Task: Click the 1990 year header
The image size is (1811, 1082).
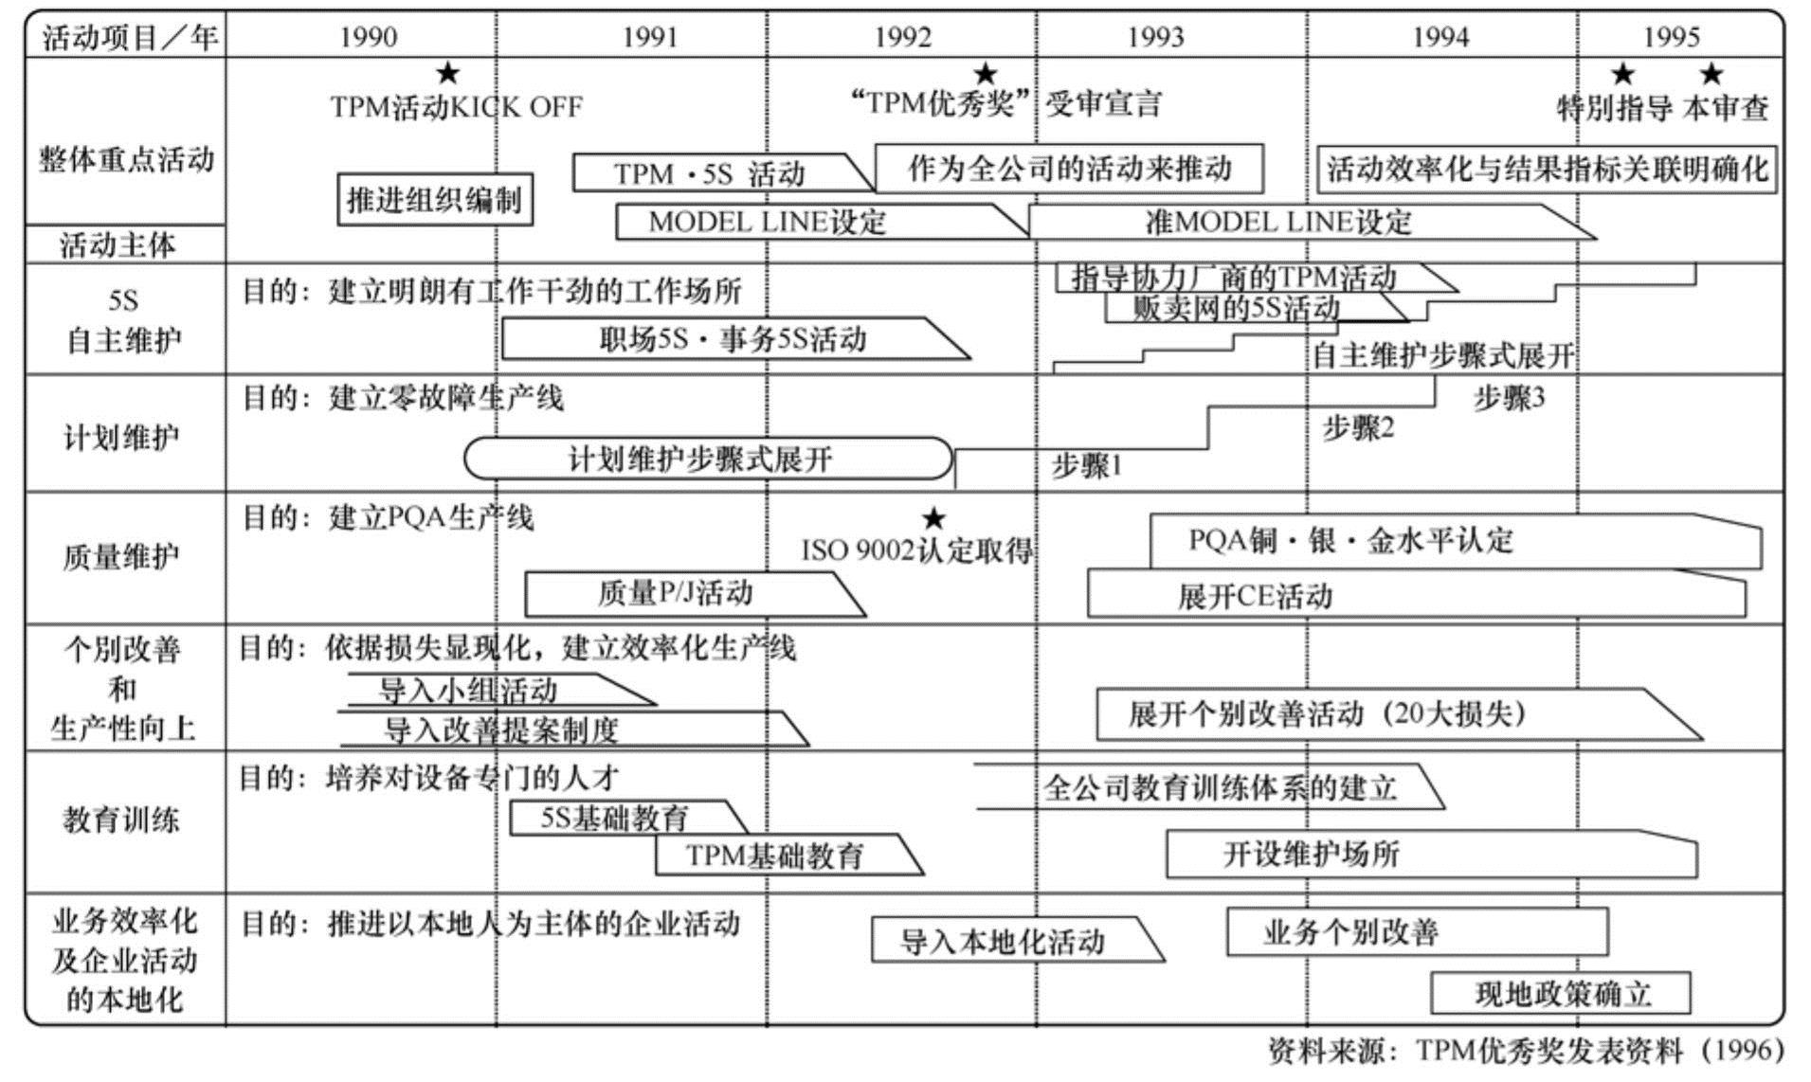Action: pyautogui.click(x=368, y=37)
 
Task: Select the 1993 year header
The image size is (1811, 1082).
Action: pyautogui.click(x=1155, y=37)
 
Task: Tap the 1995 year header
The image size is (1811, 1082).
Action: pyautogui.click(x=1671, y=37)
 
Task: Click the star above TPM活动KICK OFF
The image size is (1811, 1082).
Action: pyautogui.click(x=447, y=74)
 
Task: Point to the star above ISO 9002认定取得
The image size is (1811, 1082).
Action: pyautogui.click(x=933, y=518)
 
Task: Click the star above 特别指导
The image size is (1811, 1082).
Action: pyautogui.click(x=1622, y=74)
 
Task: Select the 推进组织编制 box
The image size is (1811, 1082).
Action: pyautogui.click(x=435, y=199)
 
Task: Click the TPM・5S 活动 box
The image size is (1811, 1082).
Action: pyautogui.click(x=711, y=173)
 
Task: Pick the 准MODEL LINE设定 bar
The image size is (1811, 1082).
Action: pyautogui.click(x=1279, y=222)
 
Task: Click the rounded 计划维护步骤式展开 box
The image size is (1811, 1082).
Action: pyautogui.click(x=707, y=460)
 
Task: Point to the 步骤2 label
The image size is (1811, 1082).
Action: pyautogui.click(x=1358, y=428)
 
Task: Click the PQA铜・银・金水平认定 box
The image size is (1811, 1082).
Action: pyautogui.click(x=1422, y=541)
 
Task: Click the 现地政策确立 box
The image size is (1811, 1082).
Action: pyautogui.click(x=1561, y=993)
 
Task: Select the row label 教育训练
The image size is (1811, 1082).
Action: pyautogui.click(x=121, y=820)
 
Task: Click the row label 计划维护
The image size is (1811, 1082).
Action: pyautogui.click(x=121, y=438)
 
